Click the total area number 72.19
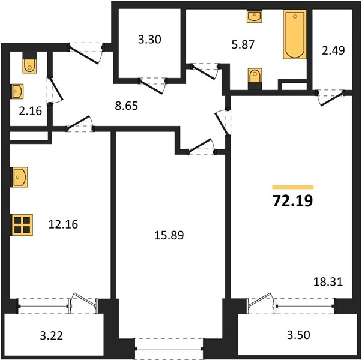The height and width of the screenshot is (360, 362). pyautogui.click(x=293, y=200)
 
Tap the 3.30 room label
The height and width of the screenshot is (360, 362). pyautogui.click(x=149, y=40)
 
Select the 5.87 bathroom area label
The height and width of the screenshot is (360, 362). pyautogui.click(x=243, y=44)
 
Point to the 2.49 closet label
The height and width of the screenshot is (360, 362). pyautogui.click(x=333, y=50)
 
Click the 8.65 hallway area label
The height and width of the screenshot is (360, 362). pyautogui.click(x=127, y=106)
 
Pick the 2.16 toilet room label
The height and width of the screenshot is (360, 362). pyautogui.click(x=31, y=111)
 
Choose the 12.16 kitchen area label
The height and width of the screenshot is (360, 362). pyautogui.click(x=63, y=224)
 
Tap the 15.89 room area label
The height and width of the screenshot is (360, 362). pyautogui.click(x=169, y=235)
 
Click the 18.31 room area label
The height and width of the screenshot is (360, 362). pyautogui.click(x=328, y=282)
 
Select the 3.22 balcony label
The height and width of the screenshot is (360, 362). pyautogui.click(x=52, y=335)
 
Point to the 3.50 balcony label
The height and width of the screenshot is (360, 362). pyautogui.click(x=298, y=335)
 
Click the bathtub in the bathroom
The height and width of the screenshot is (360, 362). pyautogui.click(x=295, y=34)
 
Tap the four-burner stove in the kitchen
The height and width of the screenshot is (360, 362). pyautogui.click(x=22, y=225)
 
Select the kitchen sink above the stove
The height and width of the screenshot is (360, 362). pyautogui.click(x=19, y=177)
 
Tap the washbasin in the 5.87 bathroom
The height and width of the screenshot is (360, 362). pyautogui.click(x=255, y=16)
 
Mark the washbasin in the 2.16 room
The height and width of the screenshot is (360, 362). pyautogui.click(x=17, y=91)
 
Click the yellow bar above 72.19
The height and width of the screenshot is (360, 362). pyautogui.click(x=293, y=187)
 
